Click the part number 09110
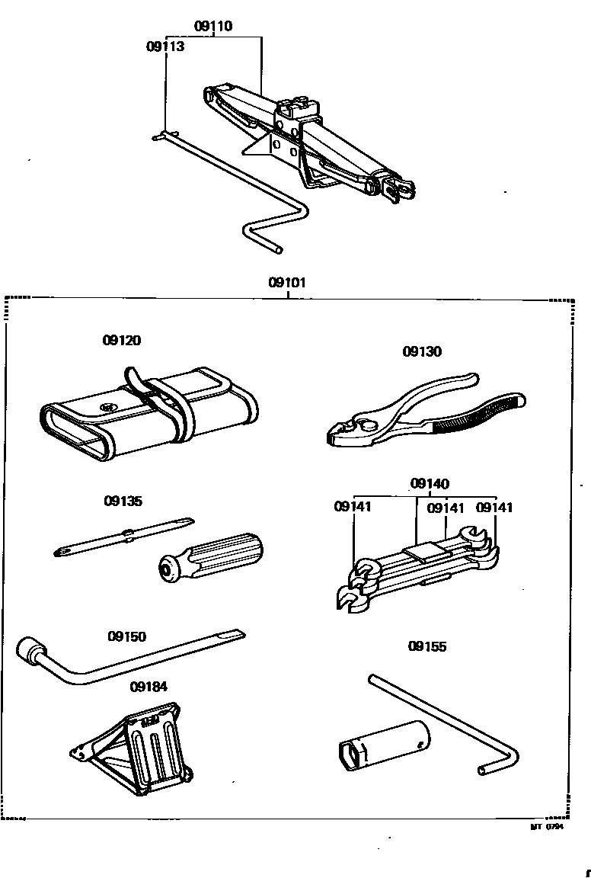click(x=212, y=27)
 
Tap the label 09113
click(x=165, y=46)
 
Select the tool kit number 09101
click(x=287, y=283)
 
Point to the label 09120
click(x=122, y=341)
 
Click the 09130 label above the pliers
click(x=422, y=352)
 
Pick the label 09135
click(x=123, y=501)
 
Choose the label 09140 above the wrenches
click(x=430, y=484)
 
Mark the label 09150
click(x=126, y=636)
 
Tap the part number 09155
click(x=427, y=646)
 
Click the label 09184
click(x=149, y=687)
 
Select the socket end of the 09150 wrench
click(x=31, y=651)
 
